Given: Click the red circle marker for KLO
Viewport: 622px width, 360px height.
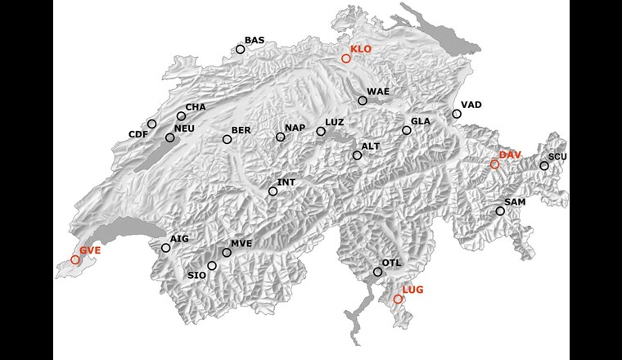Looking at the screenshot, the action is [x=346, y=58].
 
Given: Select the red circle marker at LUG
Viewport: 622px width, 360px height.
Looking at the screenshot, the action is [x=398, y=299].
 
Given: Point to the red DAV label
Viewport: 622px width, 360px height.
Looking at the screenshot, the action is [x=510, y=155].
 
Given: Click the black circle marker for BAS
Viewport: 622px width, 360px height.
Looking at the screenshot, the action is [x=241, y=49].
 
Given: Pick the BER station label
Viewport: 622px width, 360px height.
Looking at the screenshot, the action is [x=241, y=130].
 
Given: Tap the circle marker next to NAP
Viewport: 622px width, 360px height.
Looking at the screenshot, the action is [x=281, y=137].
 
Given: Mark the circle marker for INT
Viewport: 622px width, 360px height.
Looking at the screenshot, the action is [x=273, y=191].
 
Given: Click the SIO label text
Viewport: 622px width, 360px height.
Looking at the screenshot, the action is [x=196, y=276].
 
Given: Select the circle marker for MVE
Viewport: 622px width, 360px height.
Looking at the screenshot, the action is [x=227, y=253].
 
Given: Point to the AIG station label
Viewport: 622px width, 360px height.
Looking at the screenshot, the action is [x=179, y=238].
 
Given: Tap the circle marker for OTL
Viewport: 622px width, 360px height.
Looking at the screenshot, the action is [x=377, y=272].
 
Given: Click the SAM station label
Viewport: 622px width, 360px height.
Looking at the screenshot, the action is [x=515, y=201].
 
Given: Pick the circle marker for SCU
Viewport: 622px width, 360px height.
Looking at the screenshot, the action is [x=544, y=166].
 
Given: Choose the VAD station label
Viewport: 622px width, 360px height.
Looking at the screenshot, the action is [x=471, y=105].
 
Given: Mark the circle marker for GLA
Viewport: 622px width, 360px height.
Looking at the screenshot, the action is [x=407, y=130].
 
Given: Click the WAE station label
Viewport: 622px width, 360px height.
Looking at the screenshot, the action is [x=377, y=91].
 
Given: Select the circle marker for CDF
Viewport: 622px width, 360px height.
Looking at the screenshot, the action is [x=151, y=124].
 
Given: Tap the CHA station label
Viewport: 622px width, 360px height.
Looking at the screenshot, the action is [x=195, y=107].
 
